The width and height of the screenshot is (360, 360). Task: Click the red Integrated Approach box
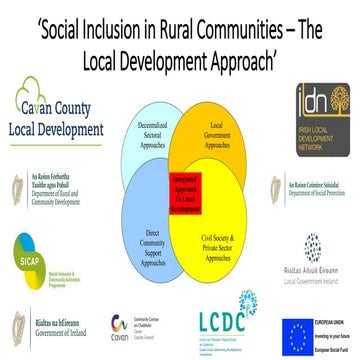179,179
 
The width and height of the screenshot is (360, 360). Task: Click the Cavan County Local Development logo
54,111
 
